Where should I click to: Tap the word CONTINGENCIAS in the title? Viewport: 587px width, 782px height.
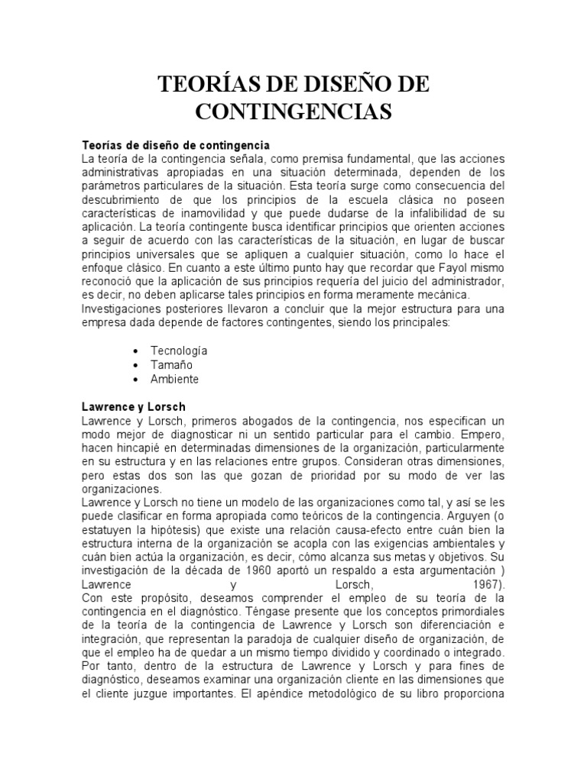[x=293, y=111]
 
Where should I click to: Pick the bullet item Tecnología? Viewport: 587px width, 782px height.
[x=180, y=351]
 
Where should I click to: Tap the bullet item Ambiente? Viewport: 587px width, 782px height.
[x=176, y=379]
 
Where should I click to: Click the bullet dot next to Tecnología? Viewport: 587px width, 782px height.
[x=135, y=351]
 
